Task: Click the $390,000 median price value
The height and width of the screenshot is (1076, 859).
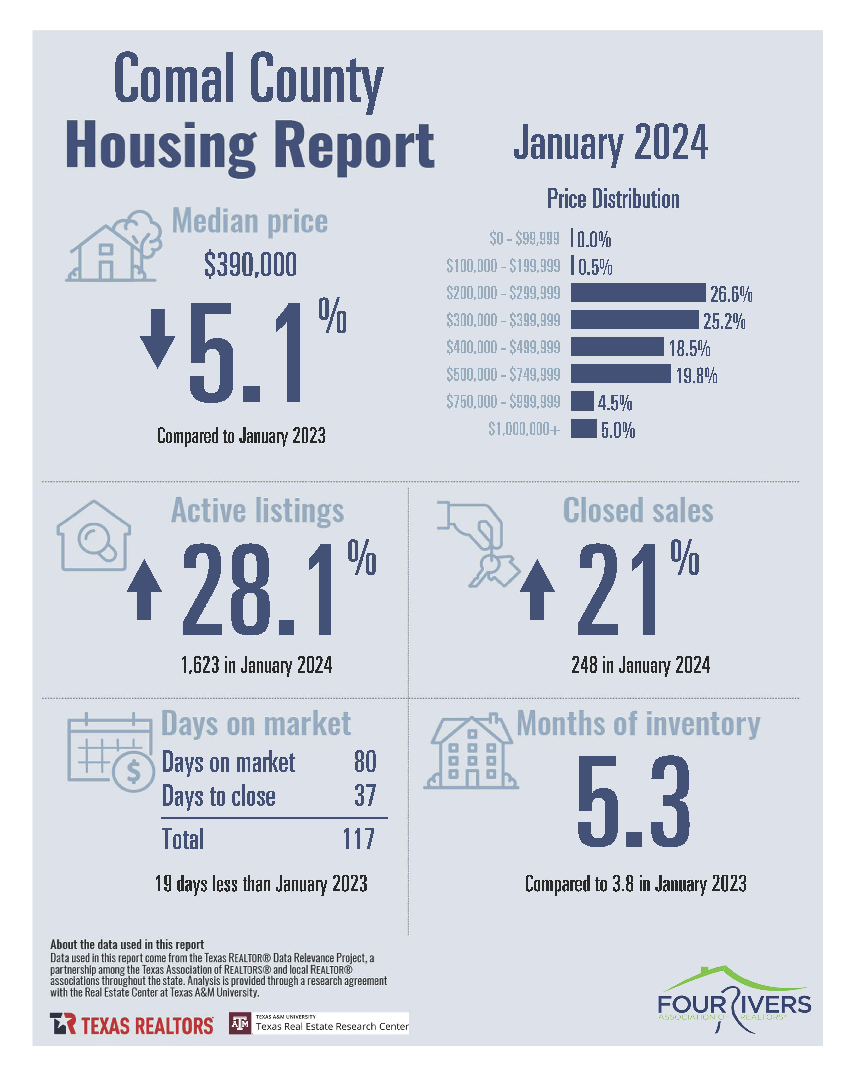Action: [250, 265]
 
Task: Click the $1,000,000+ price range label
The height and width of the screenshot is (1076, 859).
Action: [524, 429]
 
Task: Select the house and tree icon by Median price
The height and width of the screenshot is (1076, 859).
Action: [114, 246]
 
